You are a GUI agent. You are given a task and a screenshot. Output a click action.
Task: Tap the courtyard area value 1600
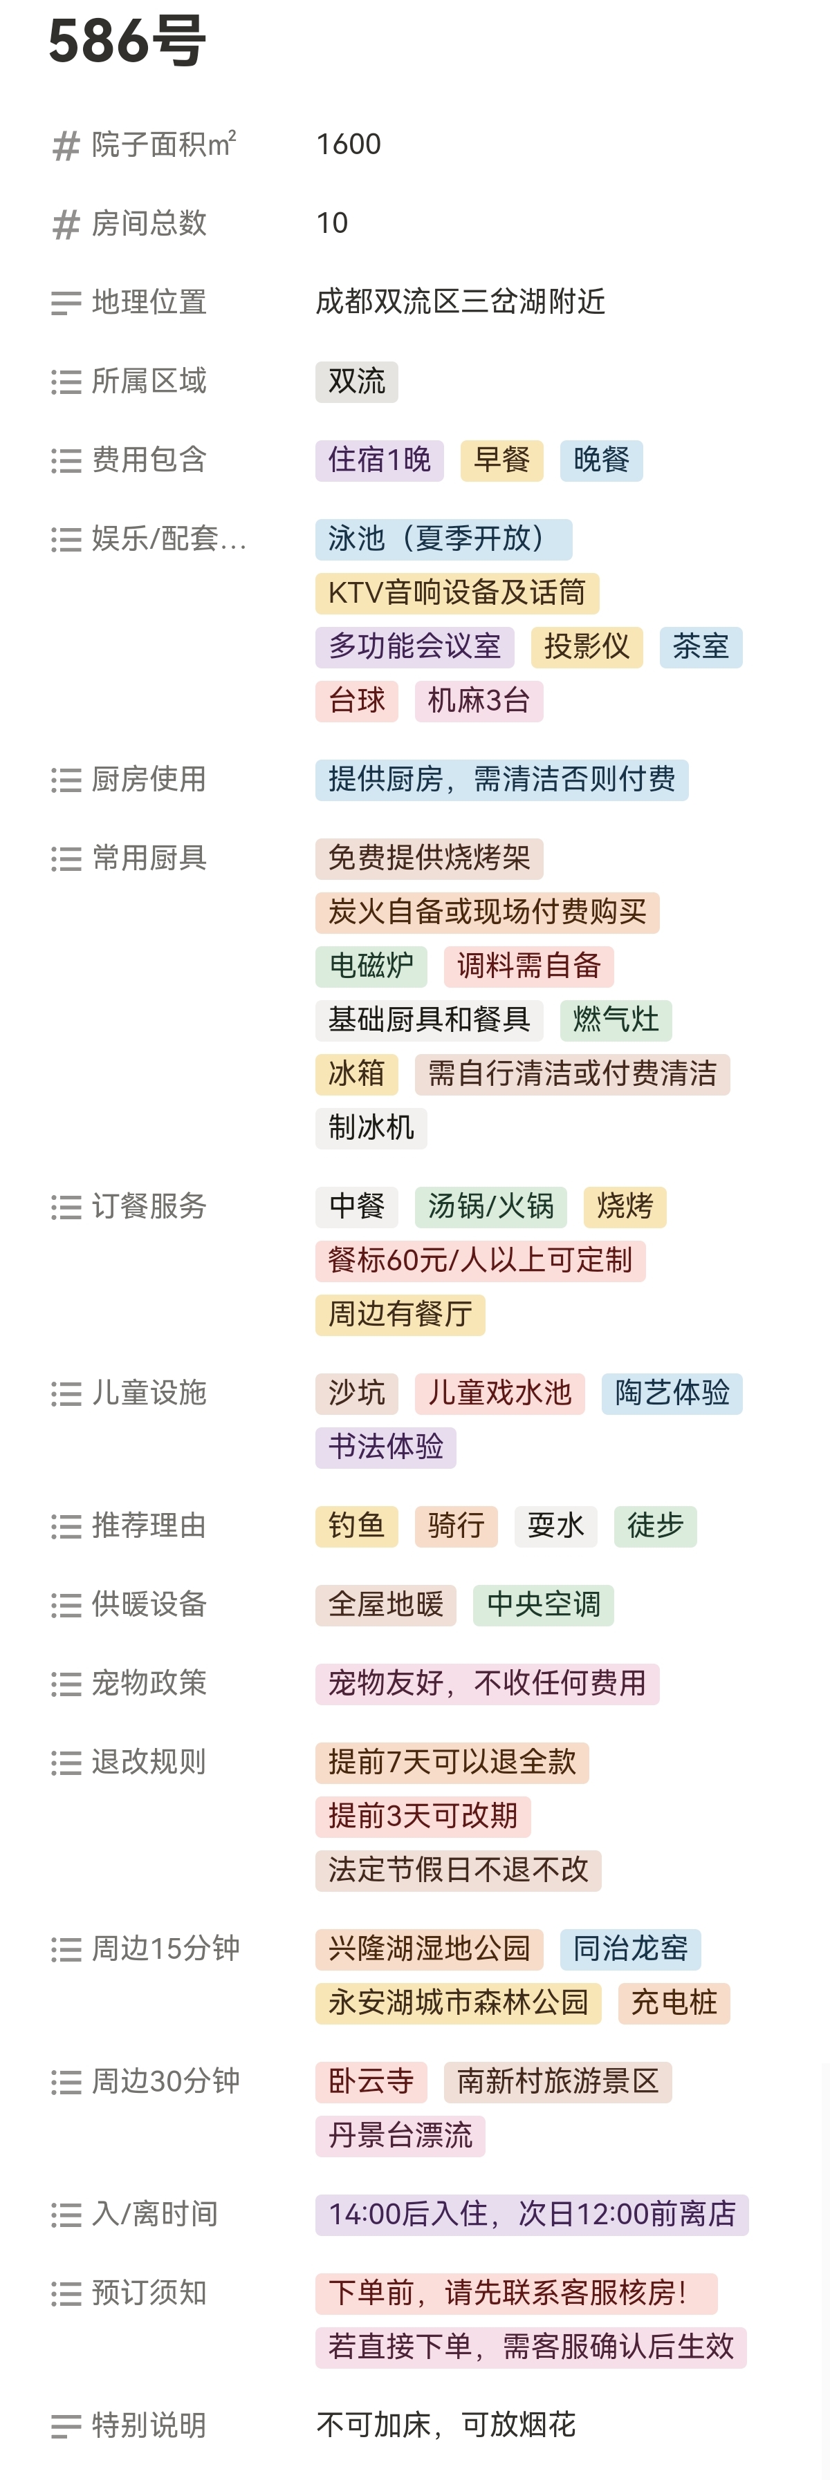click(x=349, y=144)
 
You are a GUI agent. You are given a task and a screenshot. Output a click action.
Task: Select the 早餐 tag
click(x=501, y=460)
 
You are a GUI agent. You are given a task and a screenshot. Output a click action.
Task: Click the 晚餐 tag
click(x=601, y=460)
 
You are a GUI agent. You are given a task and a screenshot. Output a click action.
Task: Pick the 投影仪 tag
click(x=587, y=647)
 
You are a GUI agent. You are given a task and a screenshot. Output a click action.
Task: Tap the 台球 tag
click(x=356, y=701)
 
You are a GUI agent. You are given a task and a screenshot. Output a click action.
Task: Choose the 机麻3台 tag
click(x=479, y=701)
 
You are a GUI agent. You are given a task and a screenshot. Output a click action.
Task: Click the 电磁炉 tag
click(x=371, y=966)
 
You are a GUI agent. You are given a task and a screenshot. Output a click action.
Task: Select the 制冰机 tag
click(x=371, y=1128)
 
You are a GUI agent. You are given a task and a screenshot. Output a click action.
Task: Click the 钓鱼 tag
click(x=356, y=1527)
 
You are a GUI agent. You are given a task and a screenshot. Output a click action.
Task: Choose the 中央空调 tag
click(x=543, y=1606)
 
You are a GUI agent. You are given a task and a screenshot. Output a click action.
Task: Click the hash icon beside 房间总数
click(x=66, y=225)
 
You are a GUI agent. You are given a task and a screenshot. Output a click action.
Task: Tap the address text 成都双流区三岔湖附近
click(x=460, y=302)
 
